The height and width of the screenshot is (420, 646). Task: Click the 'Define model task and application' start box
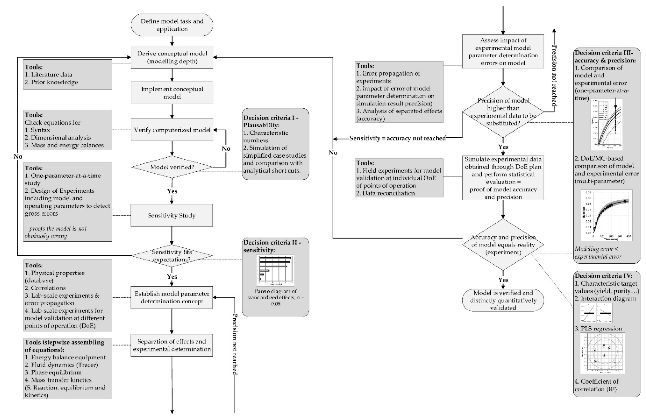(172, 25)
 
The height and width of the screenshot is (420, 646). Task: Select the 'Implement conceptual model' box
(172, 93)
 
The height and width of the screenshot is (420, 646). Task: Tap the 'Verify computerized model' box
(172, 130)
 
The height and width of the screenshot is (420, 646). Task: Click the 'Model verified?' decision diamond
(172, 167)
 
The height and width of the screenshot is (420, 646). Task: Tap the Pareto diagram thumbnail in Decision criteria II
(275, 270)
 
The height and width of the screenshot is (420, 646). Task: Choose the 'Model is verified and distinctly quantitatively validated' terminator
(503, 300)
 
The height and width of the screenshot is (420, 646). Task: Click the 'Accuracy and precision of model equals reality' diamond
(503, 245)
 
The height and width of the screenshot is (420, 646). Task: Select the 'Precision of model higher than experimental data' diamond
(503, 112)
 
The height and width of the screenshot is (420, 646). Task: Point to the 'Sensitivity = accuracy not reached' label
(397, 138)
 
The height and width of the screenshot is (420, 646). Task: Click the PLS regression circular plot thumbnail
(603, 353)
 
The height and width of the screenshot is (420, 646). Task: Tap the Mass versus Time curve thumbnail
(606, 215)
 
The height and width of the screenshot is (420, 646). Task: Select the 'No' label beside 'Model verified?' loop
(226, 149)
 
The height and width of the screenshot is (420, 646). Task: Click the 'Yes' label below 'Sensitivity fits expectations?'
(172, 277)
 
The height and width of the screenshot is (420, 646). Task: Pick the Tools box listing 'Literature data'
(68, 74)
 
